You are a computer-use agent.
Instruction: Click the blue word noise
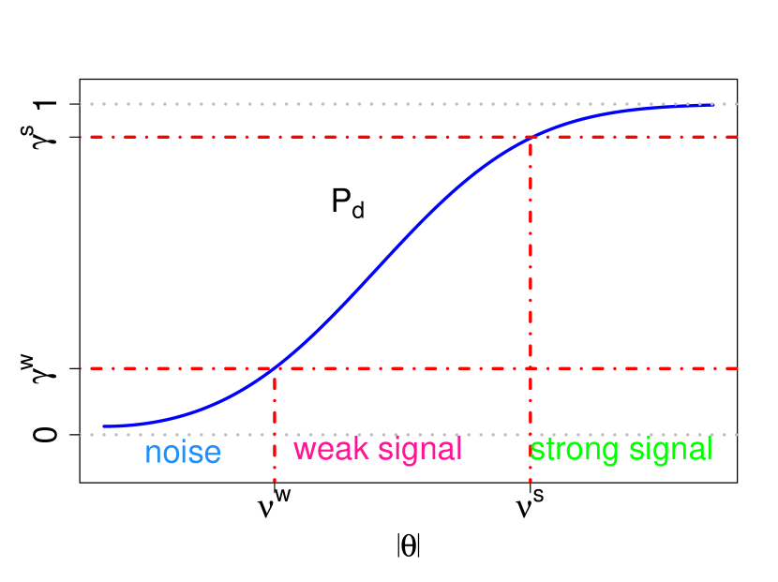[183, 454]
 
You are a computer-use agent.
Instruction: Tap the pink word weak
[329, 449]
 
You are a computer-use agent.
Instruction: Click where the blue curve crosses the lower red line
[274, 368]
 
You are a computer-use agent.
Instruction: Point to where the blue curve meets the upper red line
[531, 137]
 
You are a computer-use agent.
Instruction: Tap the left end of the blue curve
[104, 426]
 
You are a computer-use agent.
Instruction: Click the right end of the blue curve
[712, 105]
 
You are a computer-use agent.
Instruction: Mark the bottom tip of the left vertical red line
[274, 482]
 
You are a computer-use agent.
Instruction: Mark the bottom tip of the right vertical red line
[531, 482]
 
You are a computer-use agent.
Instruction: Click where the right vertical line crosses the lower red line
[531, 368]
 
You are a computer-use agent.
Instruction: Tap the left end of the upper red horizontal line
[82, 137]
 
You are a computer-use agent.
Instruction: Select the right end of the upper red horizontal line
[739, 137]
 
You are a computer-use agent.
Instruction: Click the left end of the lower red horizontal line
[82, 368]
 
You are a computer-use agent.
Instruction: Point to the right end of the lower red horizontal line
[739, 368]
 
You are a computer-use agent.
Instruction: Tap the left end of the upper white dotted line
[82, 104]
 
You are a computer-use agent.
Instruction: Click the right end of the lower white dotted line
[739, 435]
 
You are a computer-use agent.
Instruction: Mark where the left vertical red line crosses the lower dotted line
[274, 435]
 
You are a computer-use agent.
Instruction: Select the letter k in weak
[360, 449]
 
